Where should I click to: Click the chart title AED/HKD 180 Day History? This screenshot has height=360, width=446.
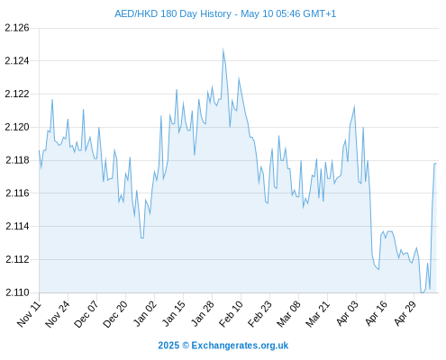click(173, 13)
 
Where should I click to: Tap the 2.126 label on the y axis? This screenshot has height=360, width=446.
click(17, 28)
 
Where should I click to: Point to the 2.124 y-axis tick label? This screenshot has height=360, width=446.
click(17, 61)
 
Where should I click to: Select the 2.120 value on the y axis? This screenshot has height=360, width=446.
click(17, 127)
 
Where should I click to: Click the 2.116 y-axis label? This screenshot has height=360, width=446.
click(17, 193)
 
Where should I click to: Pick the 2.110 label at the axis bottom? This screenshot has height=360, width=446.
click(17, 292)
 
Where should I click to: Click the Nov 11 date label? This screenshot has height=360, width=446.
click(29, 313)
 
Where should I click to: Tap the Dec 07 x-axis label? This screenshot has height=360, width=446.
click(86, 314)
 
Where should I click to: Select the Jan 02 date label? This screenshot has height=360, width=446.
click(145, 313)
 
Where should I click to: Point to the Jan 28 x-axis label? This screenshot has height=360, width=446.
click(203, 313)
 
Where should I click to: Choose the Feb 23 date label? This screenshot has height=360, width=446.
click(260, 313)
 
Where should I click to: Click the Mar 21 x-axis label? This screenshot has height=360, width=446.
click(318, 313)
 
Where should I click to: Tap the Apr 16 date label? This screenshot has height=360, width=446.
click(376, 313)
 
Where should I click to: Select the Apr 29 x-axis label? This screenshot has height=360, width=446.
click(405, 313)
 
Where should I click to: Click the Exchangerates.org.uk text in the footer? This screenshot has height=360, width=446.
click(240, 346)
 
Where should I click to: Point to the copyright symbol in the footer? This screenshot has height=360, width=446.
click(186, 346)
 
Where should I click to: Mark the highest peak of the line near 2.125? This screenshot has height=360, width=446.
click(223, 49)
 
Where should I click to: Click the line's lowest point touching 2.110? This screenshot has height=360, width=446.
click(422, 292)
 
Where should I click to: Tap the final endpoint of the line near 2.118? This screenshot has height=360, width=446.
click(436, 164)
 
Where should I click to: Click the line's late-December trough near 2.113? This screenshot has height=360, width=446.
click(142, 238)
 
